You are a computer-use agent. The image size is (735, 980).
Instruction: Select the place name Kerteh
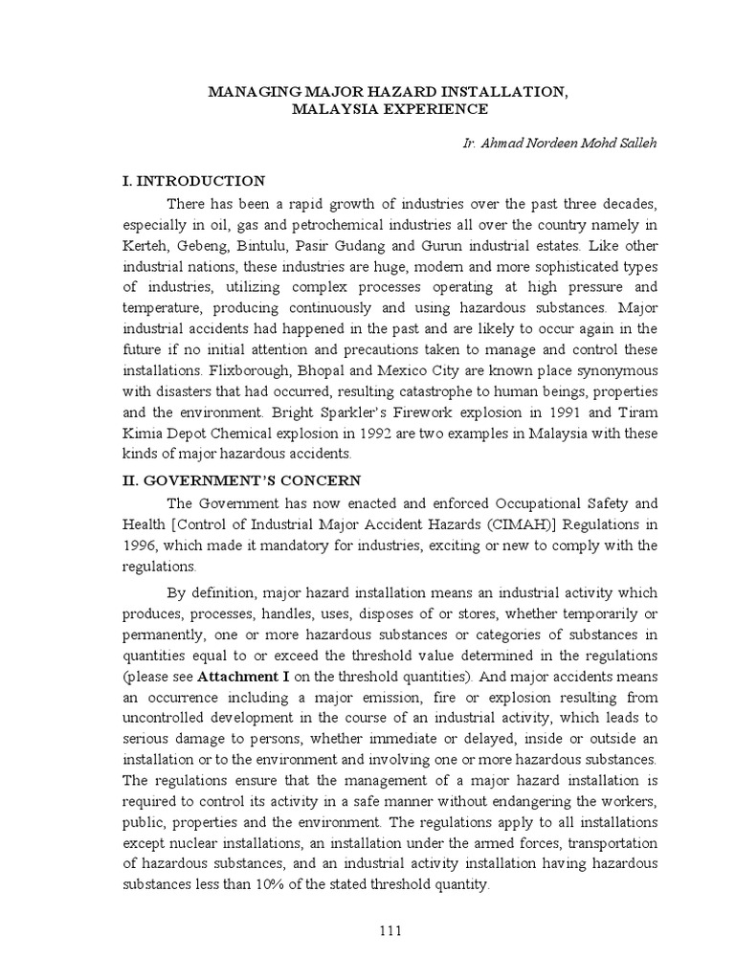coord(144,248)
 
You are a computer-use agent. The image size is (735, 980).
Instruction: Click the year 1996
coord(140,546)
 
